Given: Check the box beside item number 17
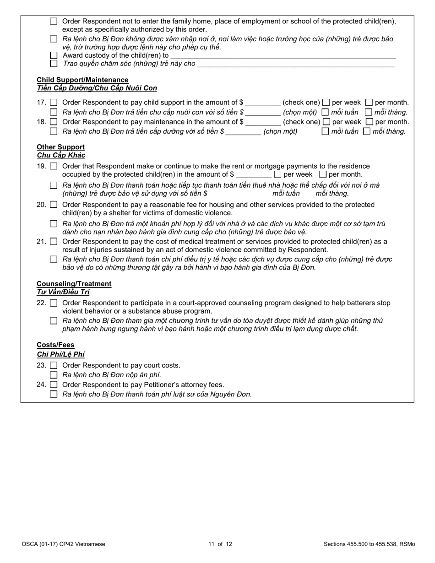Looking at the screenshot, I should click(54, 103).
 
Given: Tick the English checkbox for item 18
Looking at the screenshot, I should click(54, 122).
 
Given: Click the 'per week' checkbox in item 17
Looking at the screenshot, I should click(326, 103).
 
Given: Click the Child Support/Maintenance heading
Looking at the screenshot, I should click(82, 80).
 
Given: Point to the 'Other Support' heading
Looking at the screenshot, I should click(60, 147).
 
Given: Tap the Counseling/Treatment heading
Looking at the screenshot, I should click(74, 284).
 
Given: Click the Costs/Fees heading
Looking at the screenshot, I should click(55, 345).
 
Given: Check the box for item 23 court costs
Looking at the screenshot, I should click(54, 365).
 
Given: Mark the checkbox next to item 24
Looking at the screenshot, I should click(54, 384).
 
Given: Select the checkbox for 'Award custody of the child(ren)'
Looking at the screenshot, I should click(54, 55).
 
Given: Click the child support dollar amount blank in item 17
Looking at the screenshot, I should click(262, 103).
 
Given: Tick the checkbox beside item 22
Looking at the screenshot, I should click(54, 303).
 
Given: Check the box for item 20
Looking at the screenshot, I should click(54, 205).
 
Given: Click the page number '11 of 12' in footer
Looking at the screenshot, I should click(220, 544).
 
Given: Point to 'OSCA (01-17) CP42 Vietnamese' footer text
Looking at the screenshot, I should click(63, 544).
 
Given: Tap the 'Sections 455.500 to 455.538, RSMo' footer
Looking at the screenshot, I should click(369, 544).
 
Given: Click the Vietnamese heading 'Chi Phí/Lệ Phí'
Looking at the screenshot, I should click(60, 354).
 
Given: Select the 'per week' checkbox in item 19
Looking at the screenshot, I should click(277, 174).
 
